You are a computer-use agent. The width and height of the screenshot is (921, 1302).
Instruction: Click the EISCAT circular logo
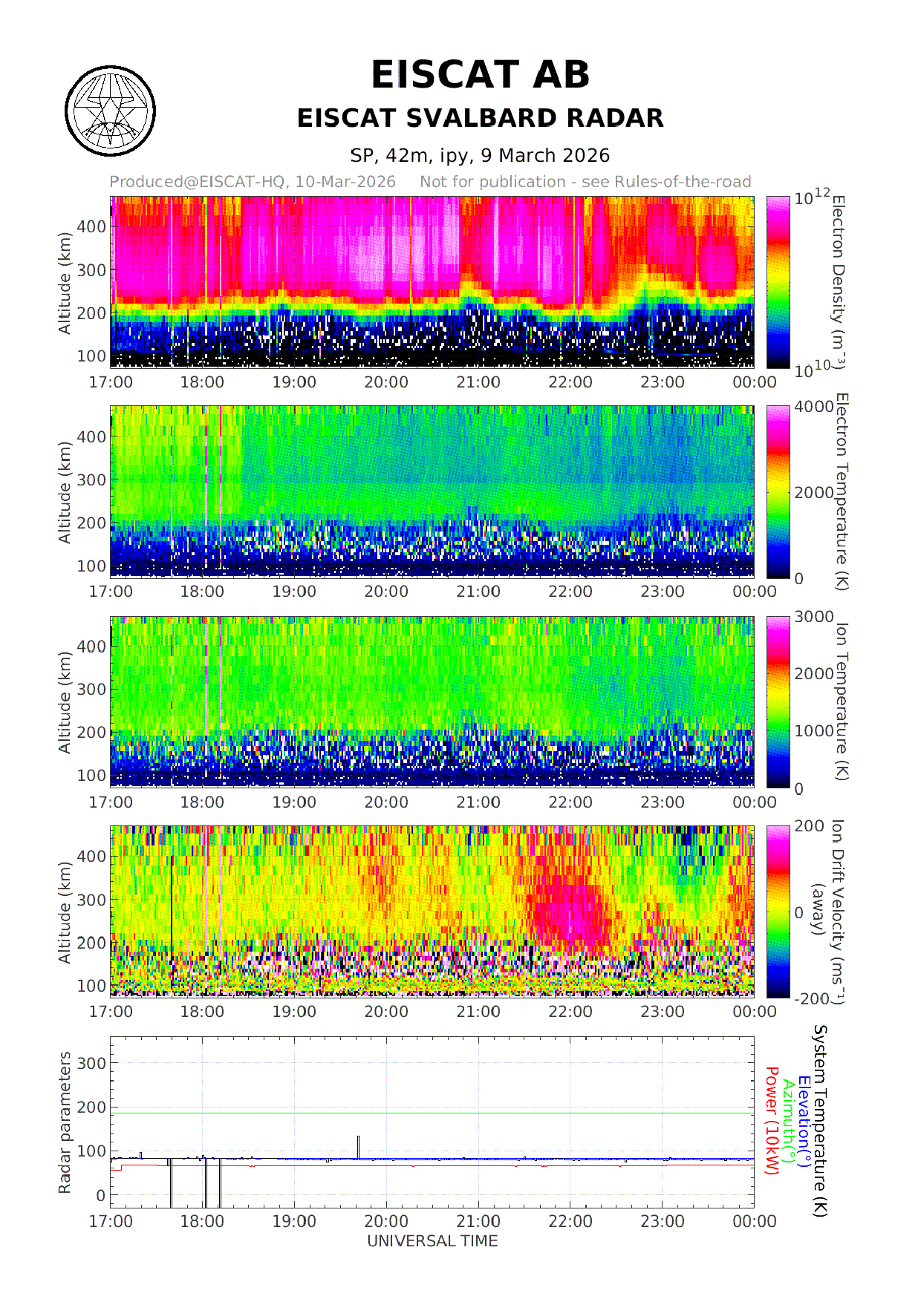coord(110,111)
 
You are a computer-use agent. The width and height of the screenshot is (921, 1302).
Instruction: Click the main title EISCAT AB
coord(480,75)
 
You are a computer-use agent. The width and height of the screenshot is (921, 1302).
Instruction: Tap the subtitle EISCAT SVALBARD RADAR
coord(480,119)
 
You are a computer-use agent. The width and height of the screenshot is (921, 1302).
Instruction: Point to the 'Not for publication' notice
coord(585,182)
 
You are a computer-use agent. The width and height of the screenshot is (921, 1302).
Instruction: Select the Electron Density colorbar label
coord(839,282)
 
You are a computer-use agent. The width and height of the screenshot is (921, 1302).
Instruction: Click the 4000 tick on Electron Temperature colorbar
coord(813,407)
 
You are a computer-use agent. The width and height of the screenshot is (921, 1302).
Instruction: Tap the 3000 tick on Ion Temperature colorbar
coord(813,617)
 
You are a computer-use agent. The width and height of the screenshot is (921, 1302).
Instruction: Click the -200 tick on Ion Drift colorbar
coord(811,999)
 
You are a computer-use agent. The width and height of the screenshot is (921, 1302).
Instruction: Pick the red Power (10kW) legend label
coord(772,1121)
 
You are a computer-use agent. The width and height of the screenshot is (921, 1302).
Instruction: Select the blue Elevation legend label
coord(803,1121)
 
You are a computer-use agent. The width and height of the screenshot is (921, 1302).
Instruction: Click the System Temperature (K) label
coord(819,1121)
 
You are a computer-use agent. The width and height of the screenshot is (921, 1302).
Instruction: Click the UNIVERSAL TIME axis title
coord(432,1241)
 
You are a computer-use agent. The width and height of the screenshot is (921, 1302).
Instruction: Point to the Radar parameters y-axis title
coord(65,1122)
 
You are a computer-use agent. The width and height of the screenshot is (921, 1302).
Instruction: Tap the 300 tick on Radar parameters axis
coord(91,1063)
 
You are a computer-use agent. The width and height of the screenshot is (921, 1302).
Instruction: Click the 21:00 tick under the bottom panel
coord(478,1221)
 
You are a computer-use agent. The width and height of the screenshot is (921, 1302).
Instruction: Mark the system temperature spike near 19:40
coord(358,1143)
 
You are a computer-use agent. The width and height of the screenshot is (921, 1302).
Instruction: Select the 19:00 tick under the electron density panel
coord(294,382)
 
